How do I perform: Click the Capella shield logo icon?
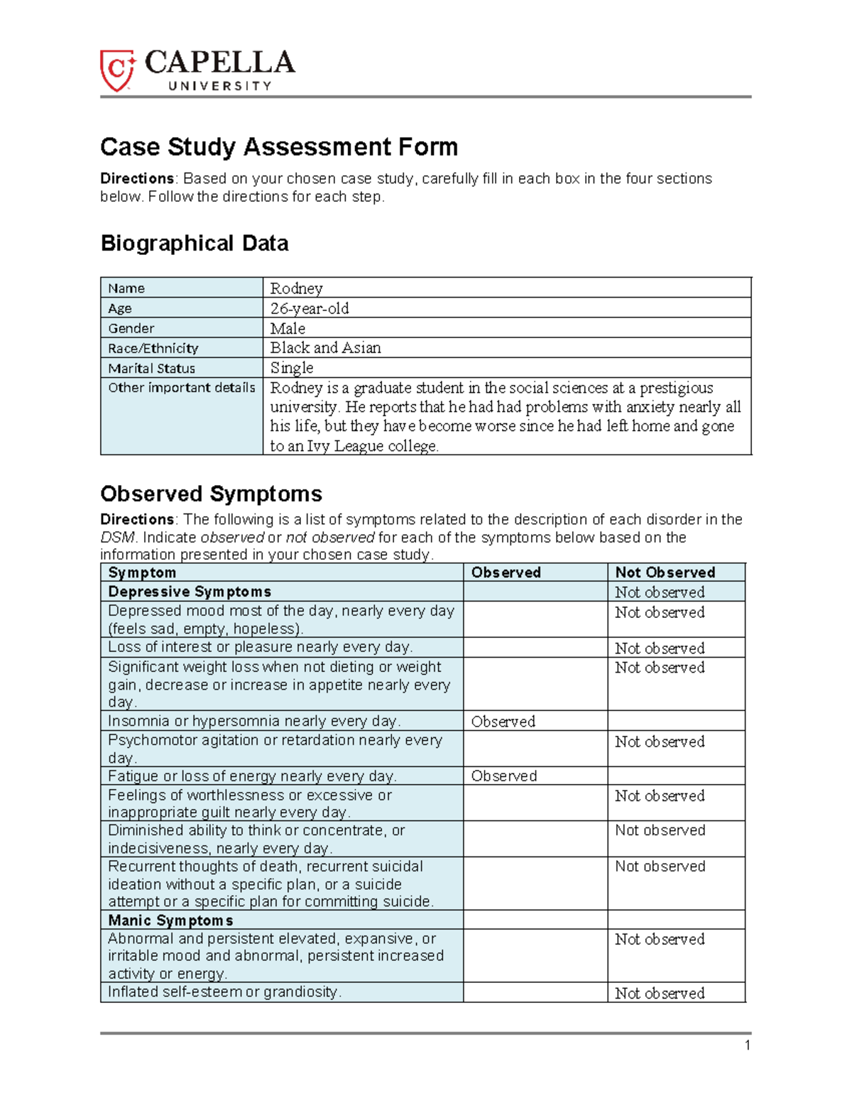[117, 70]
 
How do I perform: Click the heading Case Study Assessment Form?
[278, 147]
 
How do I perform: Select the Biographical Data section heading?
[194, 244]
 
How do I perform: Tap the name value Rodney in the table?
[296, 288]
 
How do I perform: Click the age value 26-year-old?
[309, 308]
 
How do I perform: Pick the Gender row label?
[131, 328]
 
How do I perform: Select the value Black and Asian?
[325, 348]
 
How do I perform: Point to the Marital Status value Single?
[291, 368]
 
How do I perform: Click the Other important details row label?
[181, 388]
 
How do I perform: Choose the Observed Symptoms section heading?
[211, 494]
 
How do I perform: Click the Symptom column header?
[142, 572]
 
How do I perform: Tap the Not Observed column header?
[665, 572]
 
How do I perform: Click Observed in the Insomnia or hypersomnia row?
[503, 722]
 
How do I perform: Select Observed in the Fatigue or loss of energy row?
[503, 776]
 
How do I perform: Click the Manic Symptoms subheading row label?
[170, 920]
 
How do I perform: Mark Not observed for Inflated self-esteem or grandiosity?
[660, 994]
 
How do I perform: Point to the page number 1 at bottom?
[747, 1045]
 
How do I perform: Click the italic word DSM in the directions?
[116, 538]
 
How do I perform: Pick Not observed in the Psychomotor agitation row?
[660, 741]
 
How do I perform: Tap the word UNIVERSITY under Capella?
[219, 86]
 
